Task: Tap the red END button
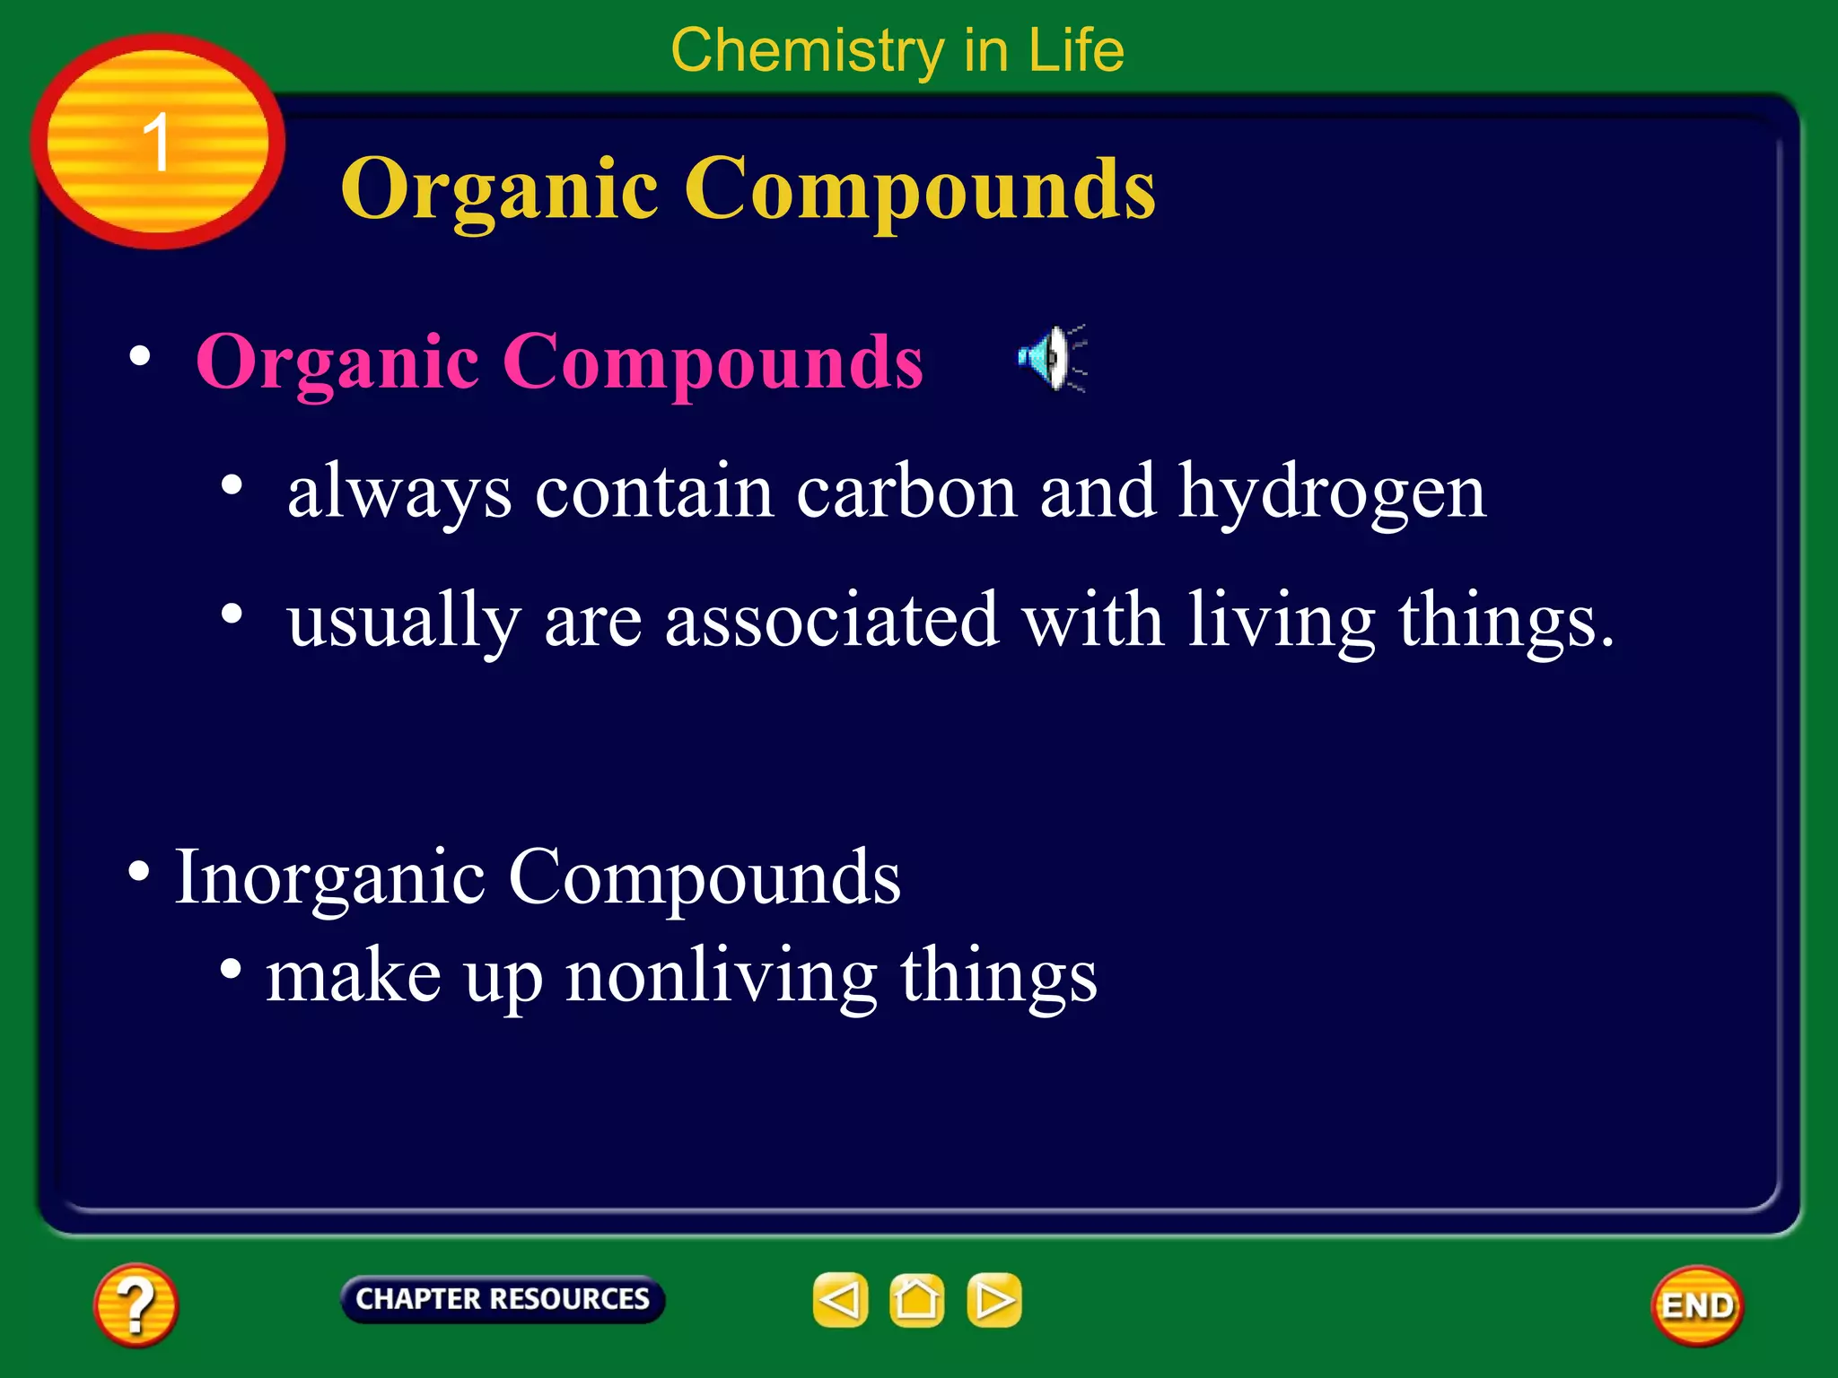tap(1696, 1305)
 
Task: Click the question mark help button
tap(136, 1304)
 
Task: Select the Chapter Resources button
tap(503, 1299)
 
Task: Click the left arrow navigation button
tap(840, 1300)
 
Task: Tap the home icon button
tap(916, 1300)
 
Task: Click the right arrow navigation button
tap(993, 1300)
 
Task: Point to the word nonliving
tap(722, 976)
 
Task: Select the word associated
tap(832, 620)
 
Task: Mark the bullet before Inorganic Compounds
tap(139, 871)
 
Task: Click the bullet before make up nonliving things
tap(232, 969)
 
